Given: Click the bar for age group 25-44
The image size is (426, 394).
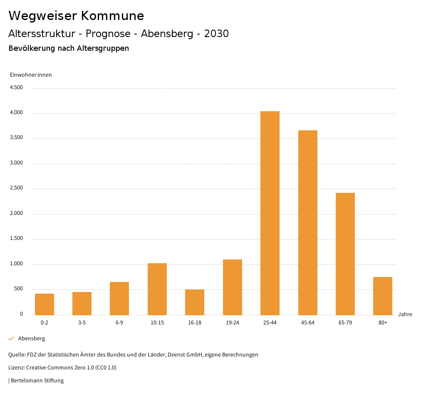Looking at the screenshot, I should coord(270,213).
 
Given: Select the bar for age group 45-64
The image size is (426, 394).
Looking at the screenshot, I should coord(307,222).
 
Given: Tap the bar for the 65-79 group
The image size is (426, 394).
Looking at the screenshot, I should coord(345,254).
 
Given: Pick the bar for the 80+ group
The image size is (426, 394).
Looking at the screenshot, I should coord(383,296).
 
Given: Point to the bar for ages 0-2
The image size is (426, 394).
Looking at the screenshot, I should coord(45,304).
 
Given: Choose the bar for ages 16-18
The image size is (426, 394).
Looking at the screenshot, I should coord(195,302).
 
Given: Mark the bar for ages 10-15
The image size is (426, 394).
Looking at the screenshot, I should coord(157,289).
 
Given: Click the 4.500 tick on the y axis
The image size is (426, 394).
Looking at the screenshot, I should coord(16,87).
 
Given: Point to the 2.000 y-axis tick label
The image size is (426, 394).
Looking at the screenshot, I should coord(16,214).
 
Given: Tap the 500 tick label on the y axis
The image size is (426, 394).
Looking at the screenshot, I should coord(18,289).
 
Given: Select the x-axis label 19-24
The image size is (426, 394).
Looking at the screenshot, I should coord(233,323).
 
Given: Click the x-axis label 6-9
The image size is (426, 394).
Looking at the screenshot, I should coord(119,323).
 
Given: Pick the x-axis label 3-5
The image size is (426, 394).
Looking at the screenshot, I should coord(82,323).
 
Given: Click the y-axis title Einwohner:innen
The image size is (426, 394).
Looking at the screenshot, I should coord(31,75).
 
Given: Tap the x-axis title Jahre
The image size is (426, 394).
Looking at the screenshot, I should coord(405,314).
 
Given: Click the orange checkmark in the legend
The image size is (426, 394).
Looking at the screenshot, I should coord(11,339).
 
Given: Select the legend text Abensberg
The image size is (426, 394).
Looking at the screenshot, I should coord(32,339).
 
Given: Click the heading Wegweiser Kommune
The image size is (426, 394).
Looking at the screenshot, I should coord(76,16).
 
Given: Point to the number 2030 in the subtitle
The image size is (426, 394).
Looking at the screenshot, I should coord(216,34).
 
